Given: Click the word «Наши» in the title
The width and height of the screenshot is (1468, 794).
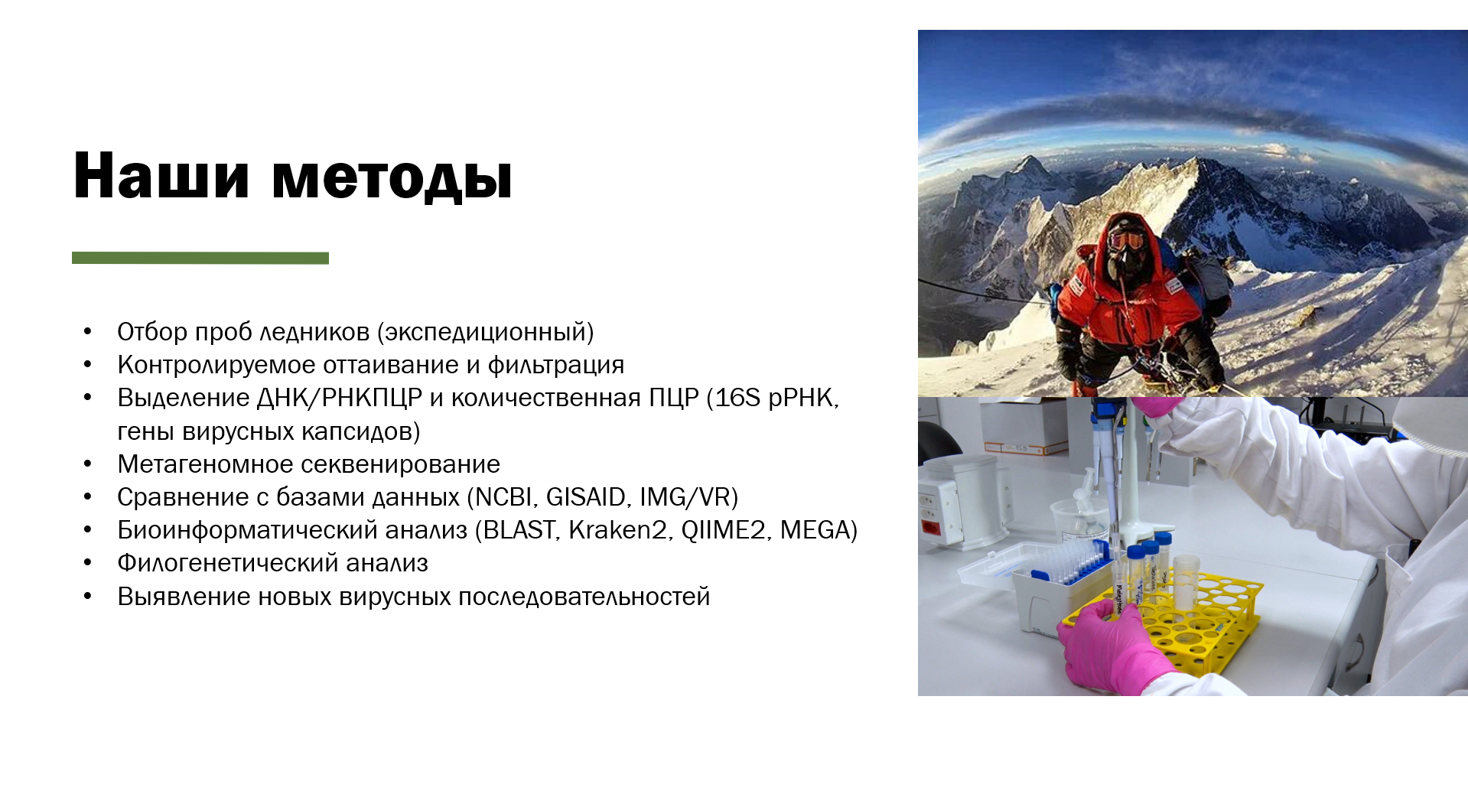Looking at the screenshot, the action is pos(161,176).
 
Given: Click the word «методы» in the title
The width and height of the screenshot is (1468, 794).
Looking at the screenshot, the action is pos(392,178).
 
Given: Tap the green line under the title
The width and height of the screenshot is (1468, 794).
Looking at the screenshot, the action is pos(200,258).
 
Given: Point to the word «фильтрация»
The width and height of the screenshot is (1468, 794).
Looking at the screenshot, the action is pos(556,366).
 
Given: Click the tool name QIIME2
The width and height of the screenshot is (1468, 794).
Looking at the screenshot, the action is pos(724,530).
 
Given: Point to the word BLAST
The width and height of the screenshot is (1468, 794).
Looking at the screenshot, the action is pos(519,530).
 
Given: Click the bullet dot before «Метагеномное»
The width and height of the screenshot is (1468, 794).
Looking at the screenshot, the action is pos(88,464).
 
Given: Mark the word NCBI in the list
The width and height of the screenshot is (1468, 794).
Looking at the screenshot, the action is pos(504,497).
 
